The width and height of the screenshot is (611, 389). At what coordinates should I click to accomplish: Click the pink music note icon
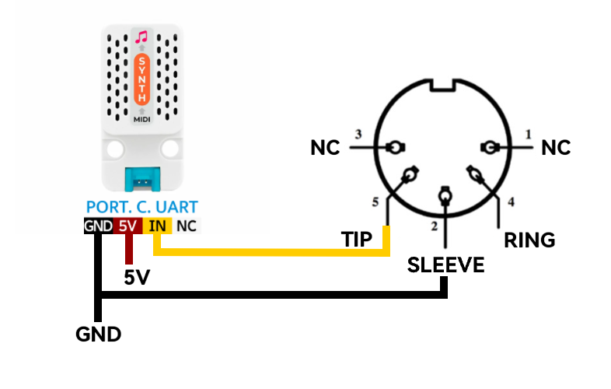(x=141, y=37)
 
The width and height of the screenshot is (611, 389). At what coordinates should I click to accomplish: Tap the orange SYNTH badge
(x=141, y=79)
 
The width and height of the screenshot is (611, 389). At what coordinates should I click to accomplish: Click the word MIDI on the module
(x=141, y=119)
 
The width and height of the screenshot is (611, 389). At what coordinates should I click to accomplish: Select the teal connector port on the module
(x=142, y=180)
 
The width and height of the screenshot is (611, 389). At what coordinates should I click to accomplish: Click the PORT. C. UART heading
(x=141, y=207)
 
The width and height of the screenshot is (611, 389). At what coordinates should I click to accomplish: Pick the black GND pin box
(x=99, y=226)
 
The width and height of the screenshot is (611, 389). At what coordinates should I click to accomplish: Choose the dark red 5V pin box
(x=127, y=226)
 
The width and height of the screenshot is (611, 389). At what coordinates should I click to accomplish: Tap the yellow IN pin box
(x=157, y=226)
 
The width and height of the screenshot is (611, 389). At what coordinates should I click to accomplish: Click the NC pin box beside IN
(x=187, y=226)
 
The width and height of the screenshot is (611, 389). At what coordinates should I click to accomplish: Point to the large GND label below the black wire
(x=99, y=335)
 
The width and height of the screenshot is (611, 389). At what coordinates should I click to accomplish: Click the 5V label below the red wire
(x=137, y=278)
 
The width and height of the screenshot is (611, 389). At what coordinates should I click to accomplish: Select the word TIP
(x=357, y=239)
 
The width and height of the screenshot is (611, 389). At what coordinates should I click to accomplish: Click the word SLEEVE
(x=445, y=265)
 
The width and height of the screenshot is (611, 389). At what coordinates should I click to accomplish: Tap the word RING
(x=529, y=240)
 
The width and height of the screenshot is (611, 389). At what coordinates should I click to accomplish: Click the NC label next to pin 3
(x=326, y=148)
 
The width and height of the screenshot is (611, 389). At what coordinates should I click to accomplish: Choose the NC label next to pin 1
(x=556, y=148)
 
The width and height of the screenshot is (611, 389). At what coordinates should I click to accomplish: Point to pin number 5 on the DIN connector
(x=375, y=202)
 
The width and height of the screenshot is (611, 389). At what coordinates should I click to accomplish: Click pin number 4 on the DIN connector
(x=511, y=202)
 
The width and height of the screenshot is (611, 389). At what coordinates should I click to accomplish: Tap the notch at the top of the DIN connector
(x=442, y=86)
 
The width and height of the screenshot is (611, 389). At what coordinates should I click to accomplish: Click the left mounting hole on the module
(x=115, y=149)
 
